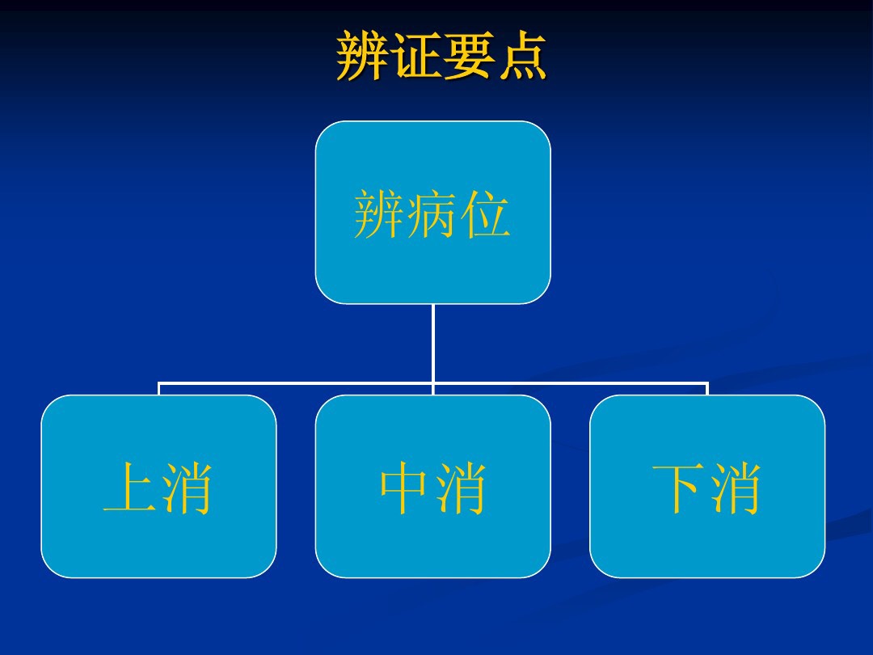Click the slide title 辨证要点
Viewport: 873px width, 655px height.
(x=441, y=56)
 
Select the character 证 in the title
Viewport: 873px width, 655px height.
(x=415, y=56)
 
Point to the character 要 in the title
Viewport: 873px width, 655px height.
(x=468, y=56)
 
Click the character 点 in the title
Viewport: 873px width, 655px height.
(x=521, y=56)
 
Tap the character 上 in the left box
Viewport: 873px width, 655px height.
(x=131, y=489)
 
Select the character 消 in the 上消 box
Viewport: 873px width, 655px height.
(x=186, y=489)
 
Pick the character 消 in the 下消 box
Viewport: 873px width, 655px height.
(x=736, y=489)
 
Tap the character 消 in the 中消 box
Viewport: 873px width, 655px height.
(x=461, y=489)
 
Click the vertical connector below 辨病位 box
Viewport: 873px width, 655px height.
(x=433, y=344)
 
